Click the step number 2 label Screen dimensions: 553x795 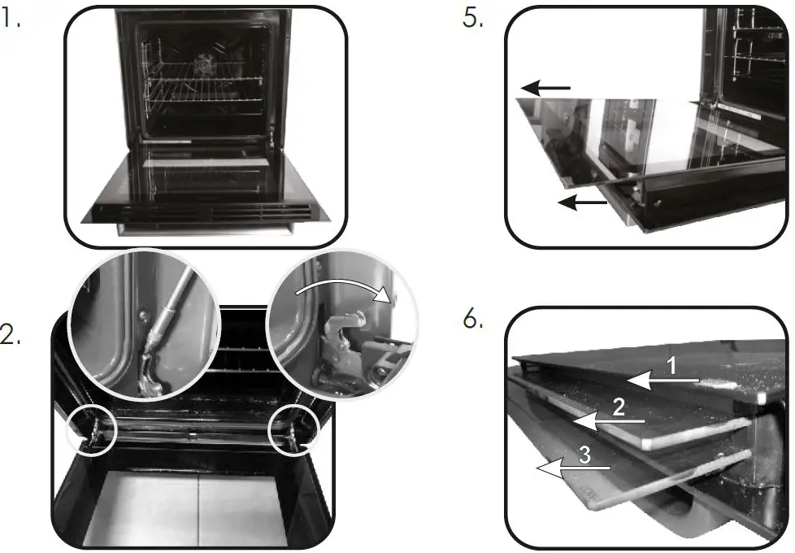point(11,335)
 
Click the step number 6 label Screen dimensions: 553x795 point(473,320)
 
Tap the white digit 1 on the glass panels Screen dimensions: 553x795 point(671,367)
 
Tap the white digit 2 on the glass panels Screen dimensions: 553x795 point(619,407)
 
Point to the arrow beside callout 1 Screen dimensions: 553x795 point(663,379)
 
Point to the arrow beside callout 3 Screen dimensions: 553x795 point(572,468)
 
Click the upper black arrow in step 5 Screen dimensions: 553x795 point(546,87)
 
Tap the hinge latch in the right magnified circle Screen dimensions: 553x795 point(341,350)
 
